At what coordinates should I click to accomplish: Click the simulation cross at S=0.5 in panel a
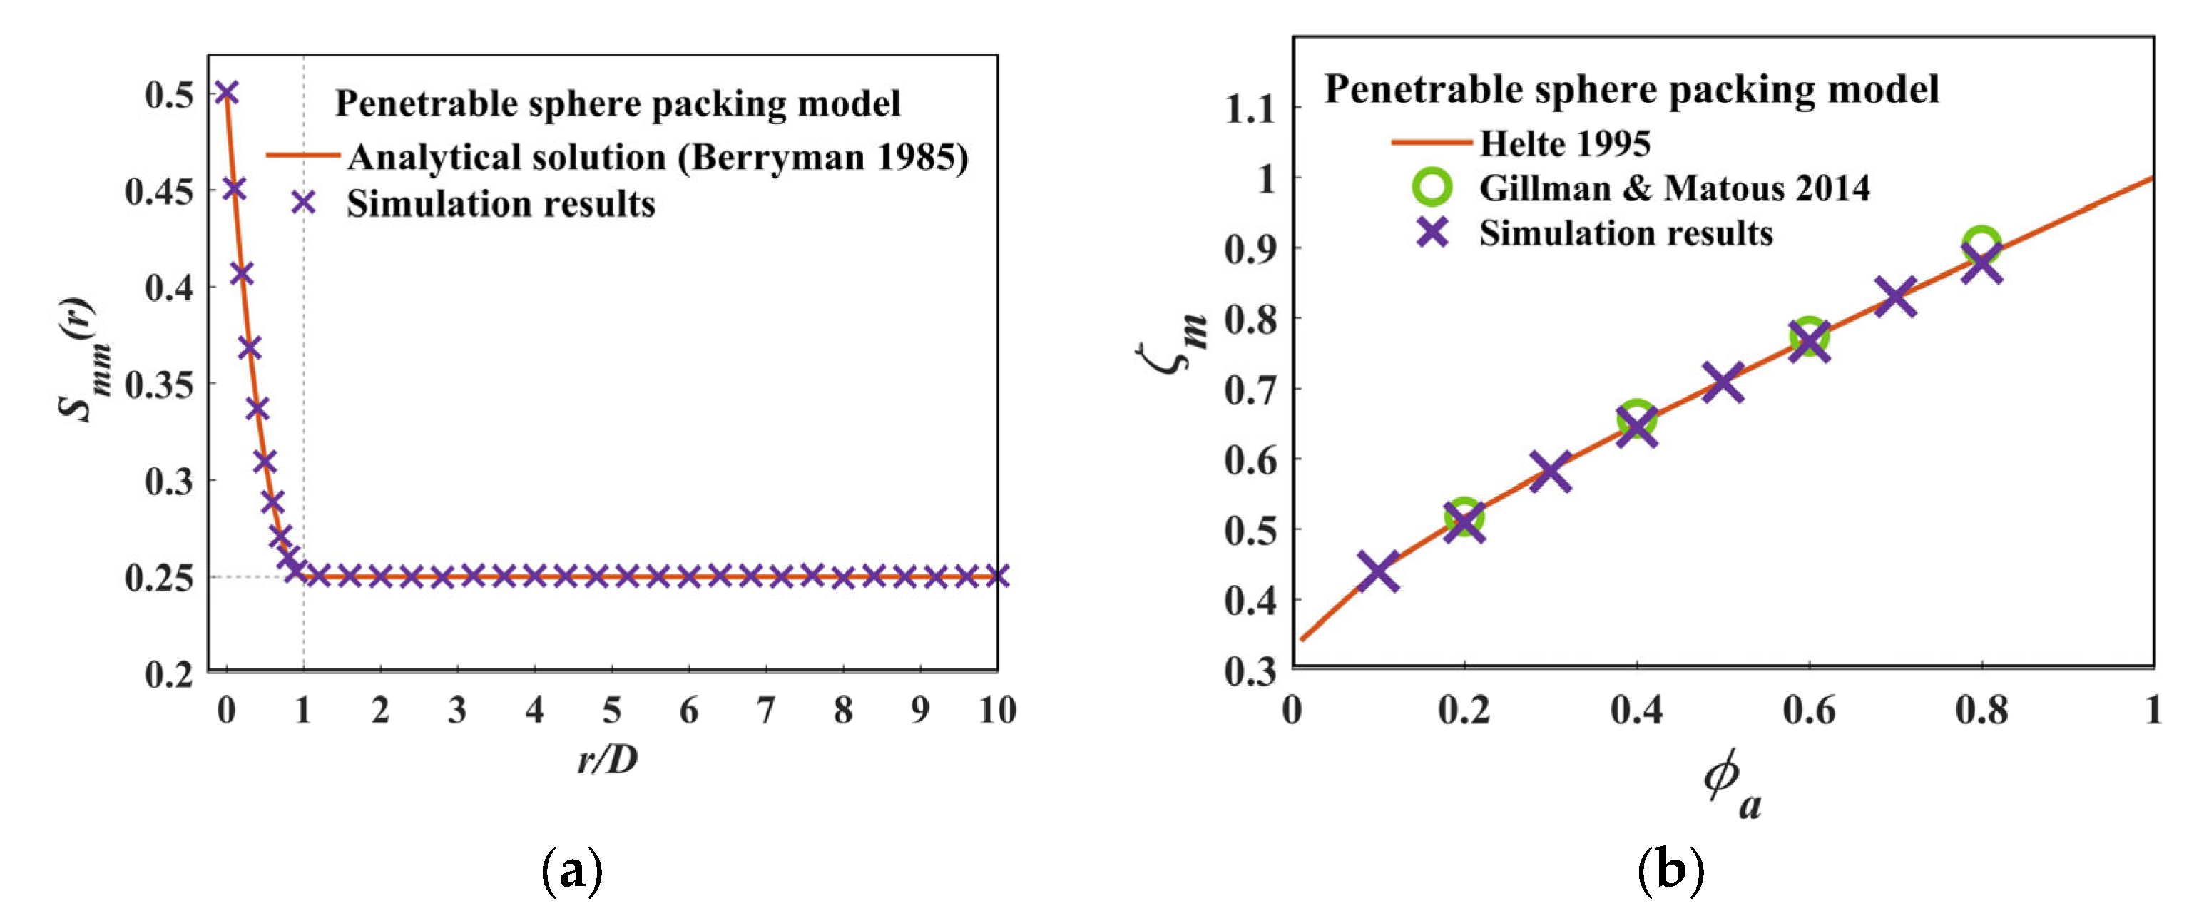[226, 93]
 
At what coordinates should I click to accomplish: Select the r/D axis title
[608, 759]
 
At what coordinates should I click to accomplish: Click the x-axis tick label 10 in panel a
[996, 711]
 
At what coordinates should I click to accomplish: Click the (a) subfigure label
[572, 871]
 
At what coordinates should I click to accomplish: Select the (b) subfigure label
[1670, 871]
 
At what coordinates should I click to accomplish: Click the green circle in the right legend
[1432, 187]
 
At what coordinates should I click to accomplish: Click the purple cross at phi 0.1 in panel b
[1378, 571]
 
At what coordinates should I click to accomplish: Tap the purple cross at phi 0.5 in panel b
[1723, 382]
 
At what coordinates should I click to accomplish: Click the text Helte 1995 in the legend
[1565, 143]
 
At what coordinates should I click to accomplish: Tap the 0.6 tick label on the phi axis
[1809, 711]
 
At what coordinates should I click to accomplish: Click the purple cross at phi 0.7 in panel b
[1895, 298]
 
